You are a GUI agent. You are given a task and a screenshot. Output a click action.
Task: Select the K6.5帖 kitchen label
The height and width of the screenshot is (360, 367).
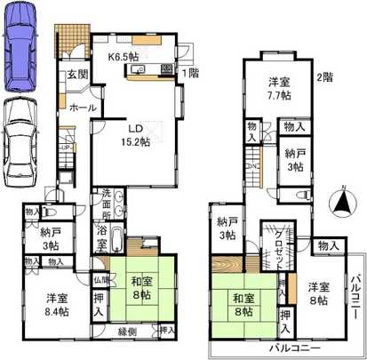(124, 56)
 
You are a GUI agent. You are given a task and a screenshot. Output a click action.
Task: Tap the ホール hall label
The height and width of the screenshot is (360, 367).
(82, 108)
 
